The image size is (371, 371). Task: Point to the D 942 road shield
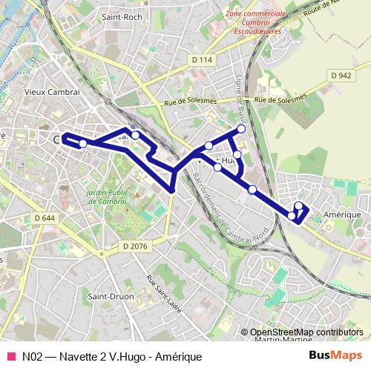click(341, 76)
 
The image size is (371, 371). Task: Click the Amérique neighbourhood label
click(342, 214)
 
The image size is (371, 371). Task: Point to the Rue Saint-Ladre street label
click(164, 293)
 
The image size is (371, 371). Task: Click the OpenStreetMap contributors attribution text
click(306, 332)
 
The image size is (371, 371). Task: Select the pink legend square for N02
click(10, 357)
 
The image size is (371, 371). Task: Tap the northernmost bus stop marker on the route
click(241, 130)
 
